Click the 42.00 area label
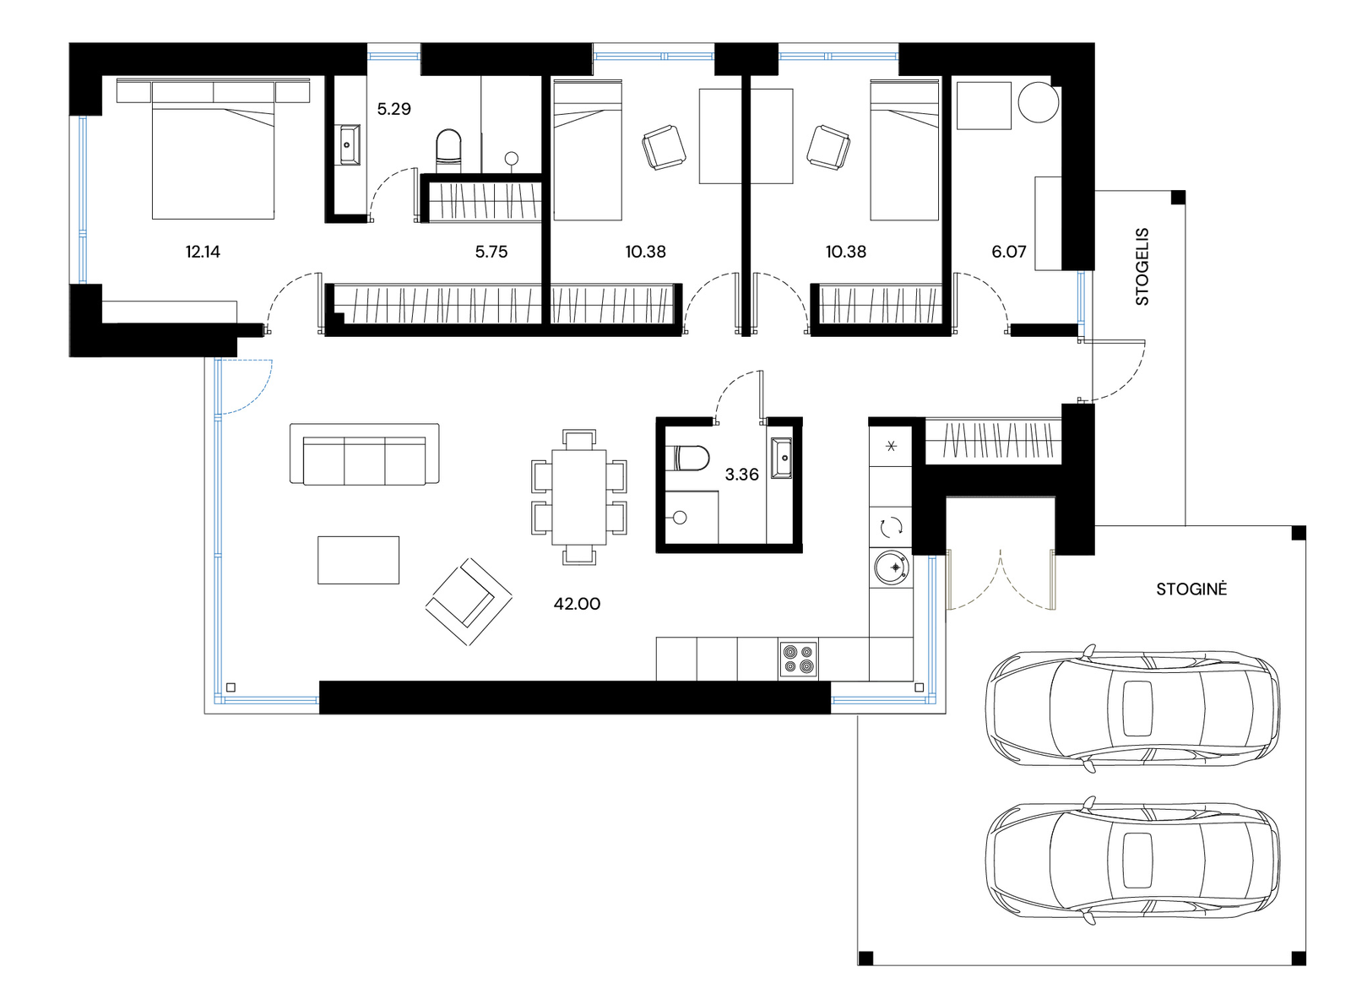577,604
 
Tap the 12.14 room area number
203,252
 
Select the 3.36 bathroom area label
741,475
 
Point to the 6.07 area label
1008,252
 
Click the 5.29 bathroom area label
393,109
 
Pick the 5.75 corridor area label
491,252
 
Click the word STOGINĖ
1191,589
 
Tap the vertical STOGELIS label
1142,266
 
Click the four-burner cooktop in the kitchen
798,660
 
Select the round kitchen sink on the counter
891,568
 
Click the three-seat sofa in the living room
364,453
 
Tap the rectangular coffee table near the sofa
358,560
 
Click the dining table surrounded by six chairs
579,497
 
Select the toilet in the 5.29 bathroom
448,147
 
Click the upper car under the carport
1132,709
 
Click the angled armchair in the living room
469,601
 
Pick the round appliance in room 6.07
1038,102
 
